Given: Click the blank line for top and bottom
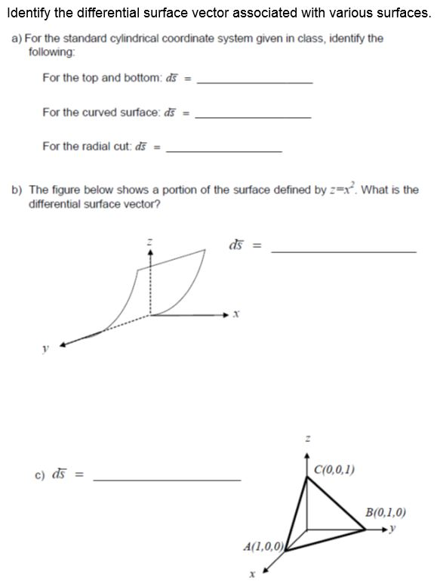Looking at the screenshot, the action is (x=254, y=82).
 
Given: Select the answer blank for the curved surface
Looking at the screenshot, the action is (x=253, y=116).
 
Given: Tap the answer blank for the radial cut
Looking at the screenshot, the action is (x=223, y=151).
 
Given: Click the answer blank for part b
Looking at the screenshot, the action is (x=343, y=251).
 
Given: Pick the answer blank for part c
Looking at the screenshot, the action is (x=167, y=479).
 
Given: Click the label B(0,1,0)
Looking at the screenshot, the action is (x=385, y=511).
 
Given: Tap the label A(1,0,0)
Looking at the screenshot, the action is (x=263, y=545).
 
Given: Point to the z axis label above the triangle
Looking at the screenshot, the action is (x=306, y=437).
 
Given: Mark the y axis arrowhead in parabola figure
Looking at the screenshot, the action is (x=63, y=344).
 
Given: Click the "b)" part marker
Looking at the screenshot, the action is (x=17, y=190).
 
